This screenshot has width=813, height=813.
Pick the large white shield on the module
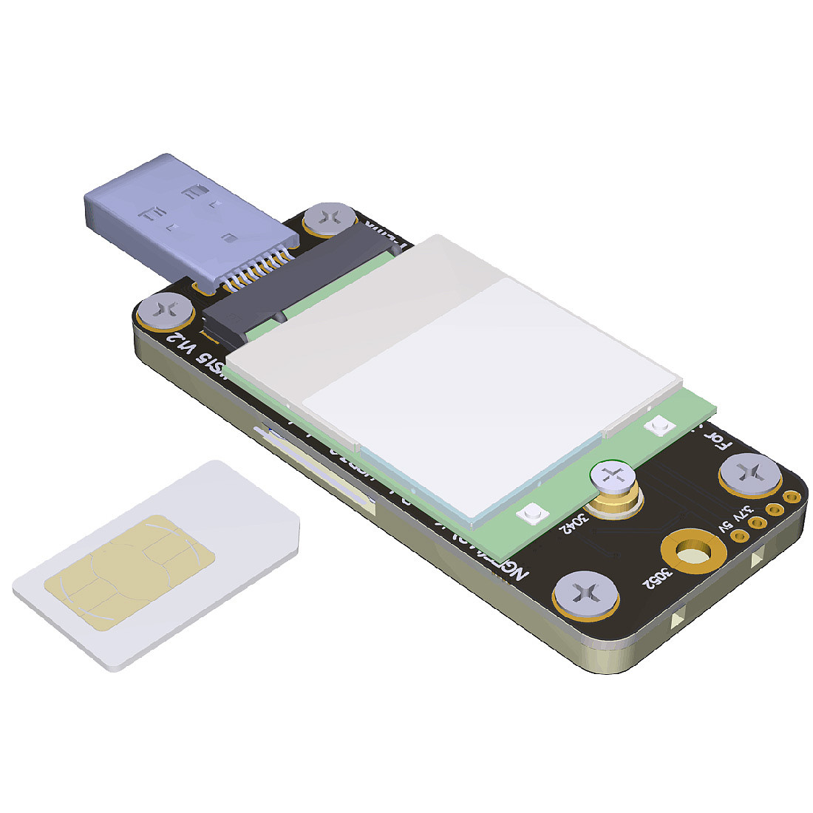473,384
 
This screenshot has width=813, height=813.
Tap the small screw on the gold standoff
612,477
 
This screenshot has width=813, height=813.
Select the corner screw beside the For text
750,473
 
